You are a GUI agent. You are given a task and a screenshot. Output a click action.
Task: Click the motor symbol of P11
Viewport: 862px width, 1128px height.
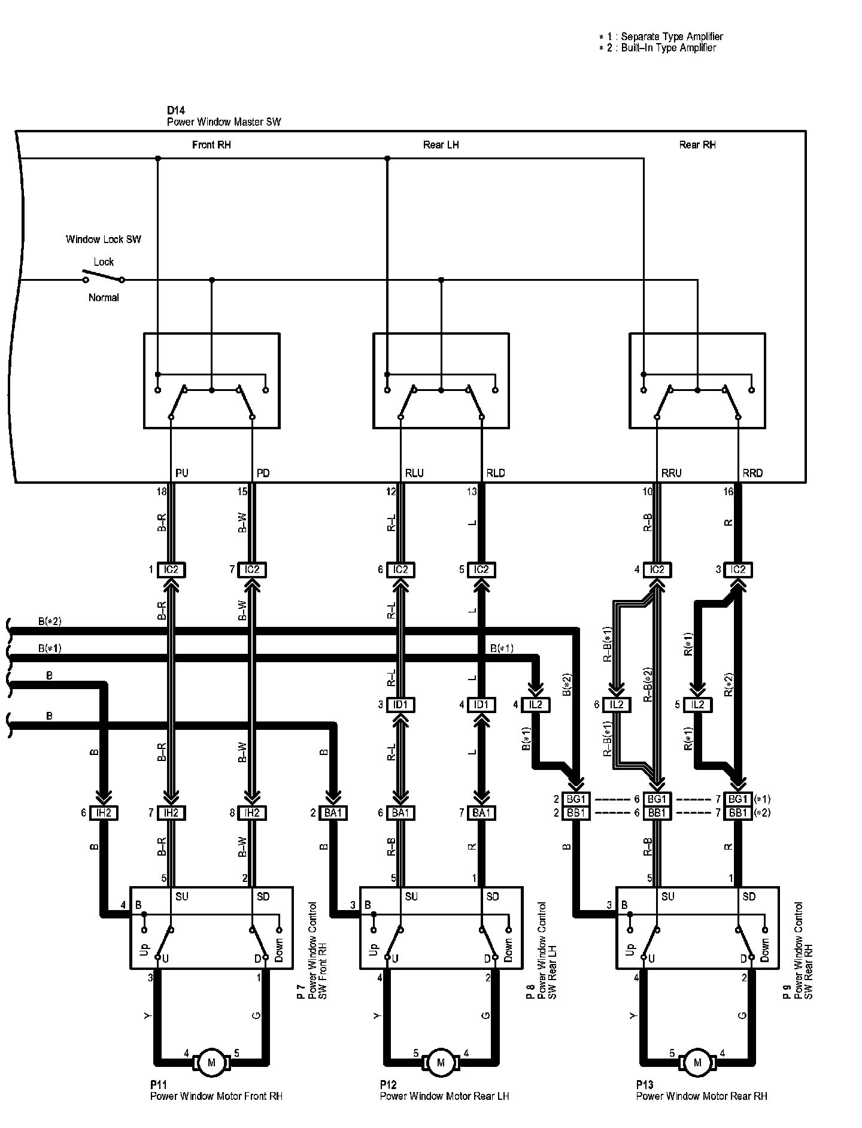[x=211, y=1062]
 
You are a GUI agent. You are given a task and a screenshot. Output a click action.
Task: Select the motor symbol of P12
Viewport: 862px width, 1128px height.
[x=441, y=1062]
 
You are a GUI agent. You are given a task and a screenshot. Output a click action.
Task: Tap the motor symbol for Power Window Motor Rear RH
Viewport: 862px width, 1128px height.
[x=697, y=1062]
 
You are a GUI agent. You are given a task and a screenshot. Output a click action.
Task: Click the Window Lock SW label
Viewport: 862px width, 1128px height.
[x=104, y=239]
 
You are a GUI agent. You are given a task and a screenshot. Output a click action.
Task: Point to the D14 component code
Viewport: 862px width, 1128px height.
[x=176, y=111]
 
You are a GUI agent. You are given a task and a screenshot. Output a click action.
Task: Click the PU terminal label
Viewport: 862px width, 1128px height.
[x=182, y=473]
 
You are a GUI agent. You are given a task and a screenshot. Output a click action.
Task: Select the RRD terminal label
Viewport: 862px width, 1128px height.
[x=752, y=473]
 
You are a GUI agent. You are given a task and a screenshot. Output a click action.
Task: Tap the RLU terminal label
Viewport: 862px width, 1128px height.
[x=414, y=473]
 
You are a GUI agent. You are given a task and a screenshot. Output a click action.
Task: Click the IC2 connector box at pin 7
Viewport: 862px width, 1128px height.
[x=252, y=569]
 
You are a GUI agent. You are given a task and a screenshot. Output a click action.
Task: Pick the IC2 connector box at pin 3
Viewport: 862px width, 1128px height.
[x=738, y=569]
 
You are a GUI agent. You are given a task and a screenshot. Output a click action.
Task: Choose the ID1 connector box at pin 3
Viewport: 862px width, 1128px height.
[x=400, y=705]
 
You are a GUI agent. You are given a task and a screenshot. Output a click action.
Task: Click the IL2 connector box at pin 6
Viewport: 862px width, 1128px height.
[x=617, y=705]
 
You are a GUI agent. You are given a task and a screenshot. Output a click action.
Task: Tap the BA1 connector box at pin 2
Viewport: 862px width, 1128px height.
[x=334, y=812]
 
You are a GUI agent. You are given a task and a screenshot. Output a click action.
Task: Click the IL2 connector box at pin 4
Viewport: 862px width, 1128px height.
[x=535, y=705]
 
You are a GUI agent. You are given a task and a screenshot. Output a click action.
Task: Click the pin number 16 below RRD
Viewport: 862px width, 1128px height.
[x=728, y=492]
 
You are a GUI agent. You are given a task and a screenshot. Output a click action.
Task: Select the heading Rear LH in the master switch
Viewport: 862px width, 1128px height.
[x=441, y=145]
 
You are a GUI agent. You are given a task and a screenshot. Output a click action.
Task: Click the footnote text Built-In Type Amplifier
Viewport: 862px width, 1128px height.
[x=668, y=48]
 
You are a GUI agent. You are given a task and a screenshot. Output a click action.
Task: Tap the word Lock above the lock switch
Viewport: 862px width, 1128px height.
[x=104, y=262]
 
